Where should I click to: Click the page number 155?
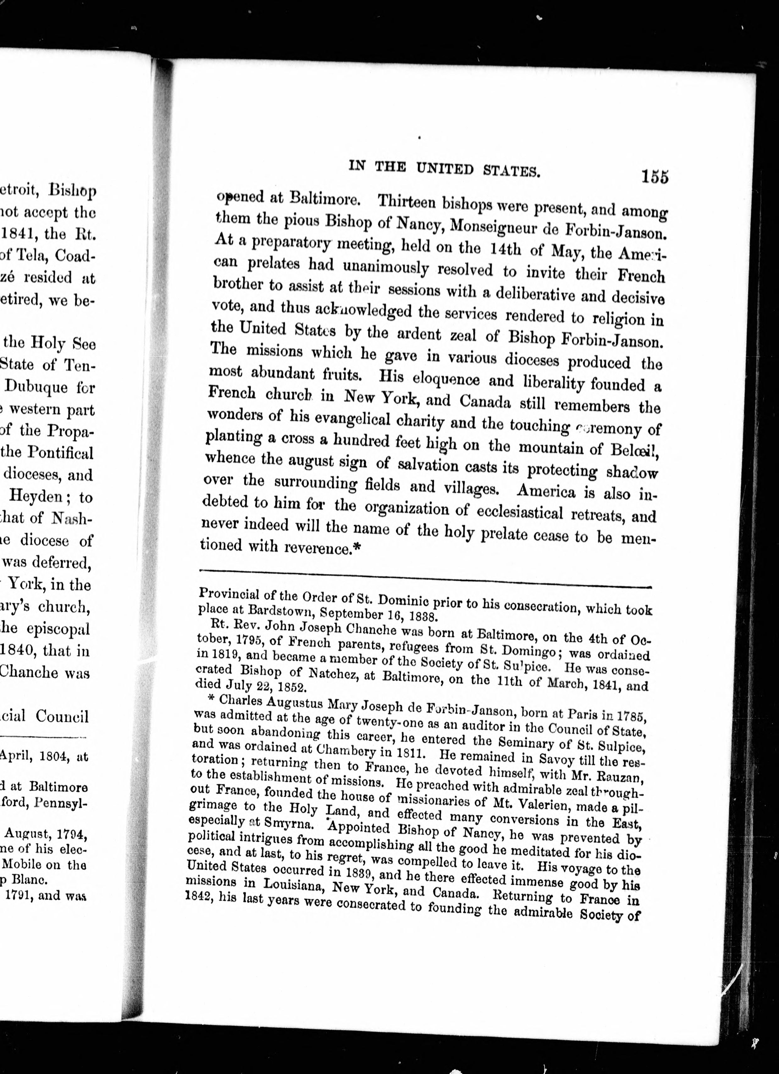pos(655,177)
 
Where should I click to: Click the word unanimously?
pos(385,268)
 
